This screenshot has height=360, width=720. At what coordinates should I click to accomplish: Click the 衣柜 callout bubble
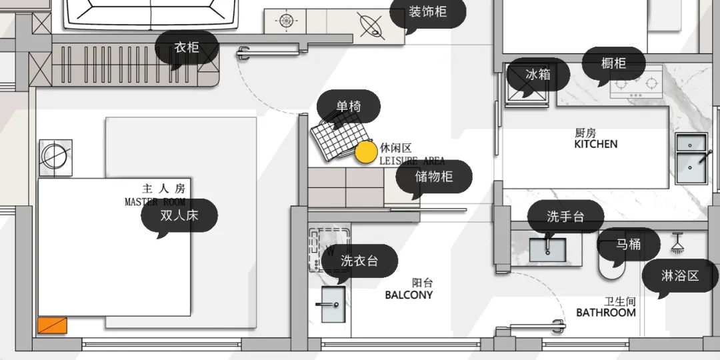[x=187, y=47]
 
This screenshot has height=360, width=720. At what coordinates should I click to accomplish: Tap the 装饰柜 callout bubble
[x=427, y=11]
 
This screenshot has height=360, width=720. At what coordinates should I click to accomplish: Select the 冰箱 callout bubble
[x=538, y=74]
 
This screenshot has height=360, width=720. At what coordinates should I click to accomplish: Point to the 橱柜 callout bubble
[x=613, y=63]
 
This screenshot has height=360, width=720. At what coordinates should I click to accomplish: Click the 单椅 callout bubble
[x=348, y=106]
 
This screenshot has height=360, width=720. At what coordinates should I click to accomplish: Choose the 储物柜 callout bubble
[x=434, y=177]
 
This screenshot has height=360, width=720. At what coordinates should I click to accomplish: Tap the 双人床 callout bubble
[x=179, y=215]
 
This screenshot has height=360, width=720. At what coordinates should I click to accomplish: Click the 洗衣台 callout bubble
[x=359, y=261]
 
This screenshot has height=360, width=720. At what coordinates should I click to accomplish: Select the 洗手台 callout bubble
[x=565, y=217]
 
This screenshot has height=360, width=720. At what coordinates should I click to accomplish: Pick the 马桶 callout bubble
[x=628, y=245]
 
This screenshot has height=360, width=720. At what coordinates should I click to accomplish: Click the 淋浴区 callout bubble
[x=680, y=275]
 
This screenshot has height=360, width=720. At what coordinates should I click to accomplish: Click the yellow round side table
[x=365, y=153]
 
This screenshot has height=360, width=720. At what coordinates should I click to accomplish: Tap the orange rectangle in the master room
[x=52, y=326]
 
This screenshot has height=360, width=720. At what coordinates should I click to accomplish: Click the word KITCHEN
[x=596, y=144]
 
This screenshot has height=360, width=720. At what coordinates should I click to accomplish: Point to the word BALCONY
[x=409, y=295]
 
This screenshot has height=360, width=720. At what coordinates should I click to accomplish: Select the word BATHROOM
[x=606, y=312]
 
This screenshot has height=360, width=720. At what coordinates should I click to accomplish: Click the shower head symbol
[x=678, y=243]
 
